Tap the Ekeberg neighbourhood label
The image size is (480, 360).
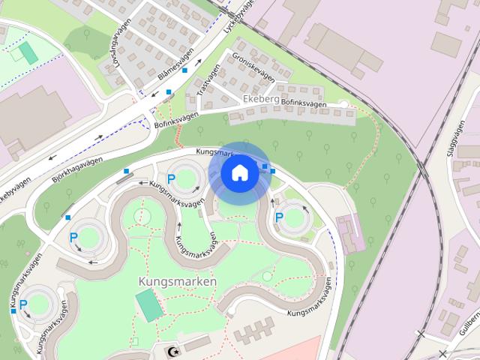pyautogui.click(x=261, y=98)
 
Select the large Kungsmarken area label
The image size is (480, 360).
pyautogui.click(x=178, y=281)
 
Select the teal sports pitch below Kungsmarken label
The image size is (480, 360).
pyautogui.click(x=148, y=304)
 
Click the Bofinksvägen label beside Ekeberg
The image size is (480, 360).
pyautogui.click(x=304, y=105)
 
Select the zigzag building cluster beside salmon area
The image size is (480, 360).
pyautogui.click(x=255, y=331)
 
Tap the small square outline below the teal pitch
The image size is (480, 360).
pyautogui.click(x=134, y=341)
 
